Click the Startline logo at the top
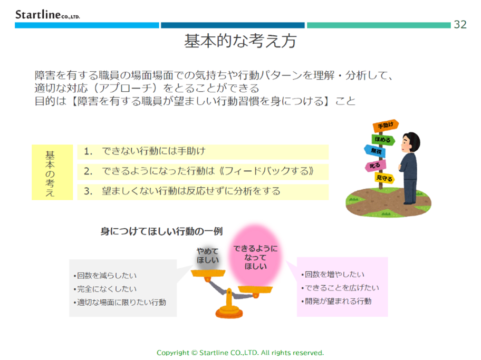pos(47,14)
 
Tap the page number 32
pos(460,25)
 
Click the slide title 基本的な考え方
pos(240,41)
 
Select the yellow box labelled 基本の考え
pos(52,172)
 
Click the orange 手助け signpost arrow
pos(386,125)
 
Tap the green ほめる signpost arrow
pos(383,140)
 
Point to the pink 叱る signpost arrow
pos(375,166)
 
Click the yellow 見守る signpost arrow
pos(384,178)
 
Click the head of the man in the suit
pos(410,142)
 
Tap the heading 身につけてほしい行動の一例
pos(162,231)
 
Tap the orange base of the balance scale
pos(229,313)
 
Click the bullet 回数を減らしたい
pos(105,276)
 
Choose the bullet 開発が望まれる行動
pos(336,301)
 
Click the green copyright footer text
pos(240,353)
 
